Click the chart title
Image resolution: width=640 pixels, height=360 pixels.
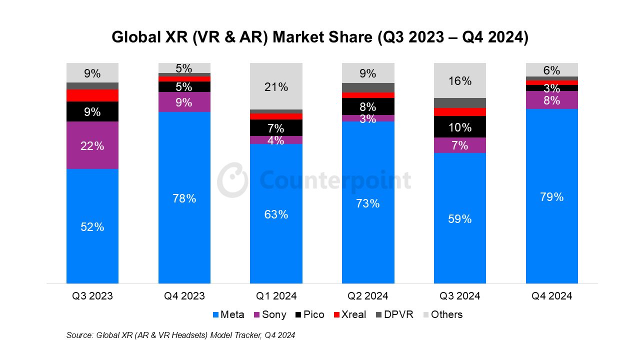[320, 38]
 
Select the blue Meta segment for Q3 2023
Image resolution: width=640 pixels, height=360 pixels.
[92, 226]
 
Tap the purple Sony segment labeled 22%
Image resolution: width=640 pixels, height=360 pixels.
[92, 145]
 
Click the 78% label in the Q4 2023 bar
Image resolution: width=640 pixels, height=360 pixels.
[184, 198]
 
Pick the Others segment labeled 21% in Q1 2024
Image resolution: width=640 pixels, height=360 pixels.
[276, 86]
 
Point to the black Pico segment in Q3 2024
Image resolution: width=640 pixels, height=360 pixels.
[460, 127]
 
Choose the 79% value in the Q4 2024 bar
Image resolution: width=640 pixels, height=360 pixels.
[551, 197]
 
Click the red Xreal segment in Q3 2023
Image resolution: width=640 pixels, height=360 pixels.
[92, 95]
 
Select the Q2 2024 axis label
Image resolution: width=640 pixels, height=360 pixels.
[368, 296]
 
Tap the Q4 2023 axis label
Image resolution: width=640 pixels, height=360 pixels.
[184, 296]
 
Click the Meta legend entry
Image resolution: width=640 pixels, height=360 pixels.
[228, 314]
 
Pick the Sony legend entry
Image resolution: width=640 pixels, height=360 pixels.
[270, 314]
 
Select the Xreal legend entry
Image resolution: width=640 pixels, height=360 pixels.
[349, 314]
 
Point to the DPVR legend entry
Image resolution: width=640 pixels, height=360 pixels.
[395, 314]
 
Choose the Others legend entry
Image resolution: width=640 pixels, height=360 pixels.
[442, 314]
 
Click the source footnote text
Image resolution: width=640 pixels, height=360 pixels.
[180, 335]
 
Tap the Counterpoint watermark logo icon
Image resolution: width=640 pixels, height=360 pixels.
[232, 179]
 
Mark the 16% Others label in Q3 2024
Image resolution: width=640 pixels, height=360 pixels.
[460, 81]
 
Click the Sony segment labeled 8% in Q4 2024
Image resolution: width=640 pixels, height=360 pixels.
[551, 100]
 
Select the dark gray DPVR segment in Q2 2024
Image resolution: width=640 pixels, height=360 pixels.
[368, 87]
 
